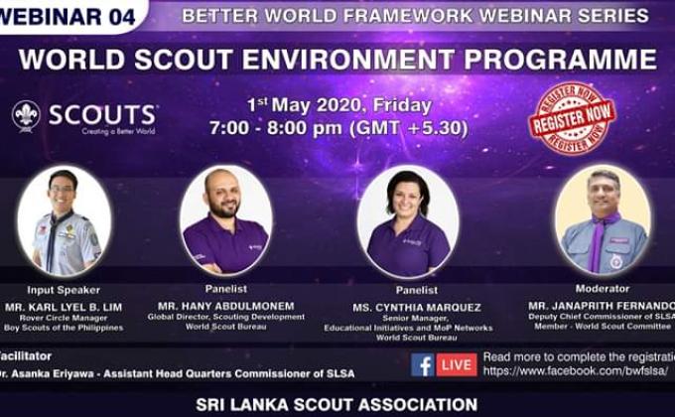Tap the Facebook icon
(422, 363)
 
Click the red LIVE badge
(457, 363)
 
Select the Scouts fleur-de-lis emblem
(27, 116)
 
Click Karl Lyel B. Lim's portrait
(64, 219)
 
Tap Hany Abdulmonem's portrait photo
(226, 219)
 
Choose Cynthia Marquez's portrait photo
(407, 220)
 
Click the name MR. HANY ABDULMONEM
(225, 306)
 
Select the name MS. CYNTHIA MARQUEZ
(406, 307)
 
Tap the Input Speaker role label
(63, 289)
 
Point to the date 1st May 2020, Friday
(339, 104)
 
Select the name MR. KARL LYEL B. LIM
(64, 306)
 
